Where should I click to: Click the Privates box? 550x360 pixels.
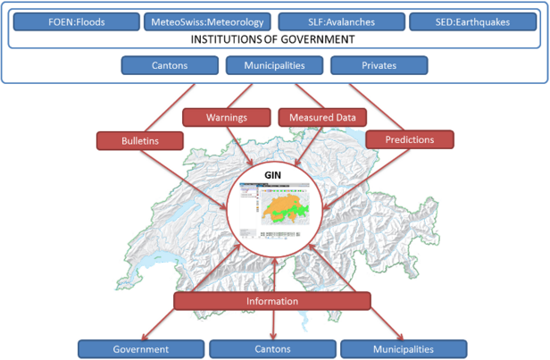click(x=379, y=65)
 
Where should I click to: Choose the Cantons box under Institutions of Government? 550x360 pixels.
click(x=169, y=65)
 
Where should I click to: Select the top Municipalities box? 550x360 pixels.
click(x=274, y=65)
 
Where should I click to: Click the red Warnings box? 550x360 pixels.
click(x=227, y=117)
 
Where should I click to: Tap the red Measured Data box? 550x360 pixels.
click(x=321, y=117)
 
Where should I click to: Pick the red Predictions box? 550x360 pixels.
click(x=410, y=139)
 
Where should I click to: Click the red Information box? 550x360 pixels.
click(x=272, y=301)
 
